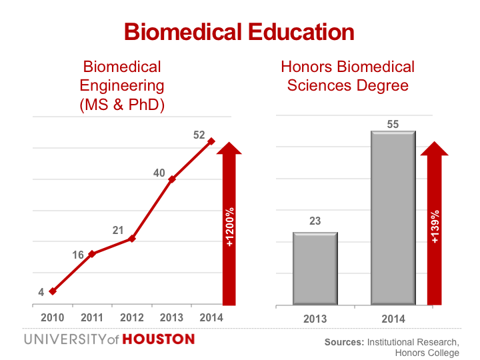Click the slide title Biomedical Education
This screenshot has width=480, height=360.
coord(239,32)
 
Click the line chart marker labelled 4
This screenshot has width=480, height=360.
coord(52,291)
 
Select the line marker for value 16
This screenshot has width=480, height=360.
coord(91,254)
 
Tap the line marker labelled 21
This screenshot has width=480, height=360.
coord(132,238)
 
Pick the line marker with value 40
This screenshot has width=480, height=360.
coord(171,179)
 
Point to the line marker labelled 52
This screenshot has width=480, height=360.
coord(211,141)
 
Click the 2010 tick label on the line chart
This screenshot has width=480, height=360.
coord(52,317)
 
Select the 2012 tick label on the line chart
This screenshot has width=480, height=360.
coord(132,317)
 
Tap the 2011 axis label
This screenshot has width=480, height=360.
coord(92,317)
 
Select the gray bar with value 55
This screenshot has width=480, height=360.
coord(393,217)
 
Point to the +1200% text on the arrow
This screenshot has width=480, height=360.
coord(230,227)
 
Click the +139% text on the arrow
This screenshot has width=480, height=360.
coord(435,227)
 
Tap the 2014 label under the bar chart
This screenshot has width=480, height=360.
coord(393,319)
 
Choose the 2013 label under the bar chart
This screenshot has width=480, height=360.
coord(315,319)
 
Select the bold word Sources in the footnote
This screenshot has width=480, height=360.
coord(344,342)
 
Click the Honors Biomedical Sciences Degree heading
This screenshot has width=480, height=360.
coord(347,76)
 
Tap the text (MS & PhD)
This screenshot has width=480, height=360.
coord(122,105)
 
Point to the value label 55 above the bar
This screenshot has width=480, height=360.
coord(393,125)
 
